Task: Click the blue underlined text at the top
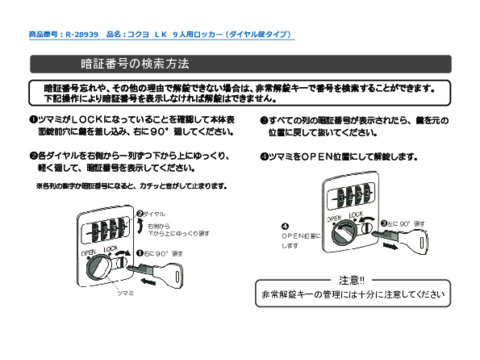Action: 158,35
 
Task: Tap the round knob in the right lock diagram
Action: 335,236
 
